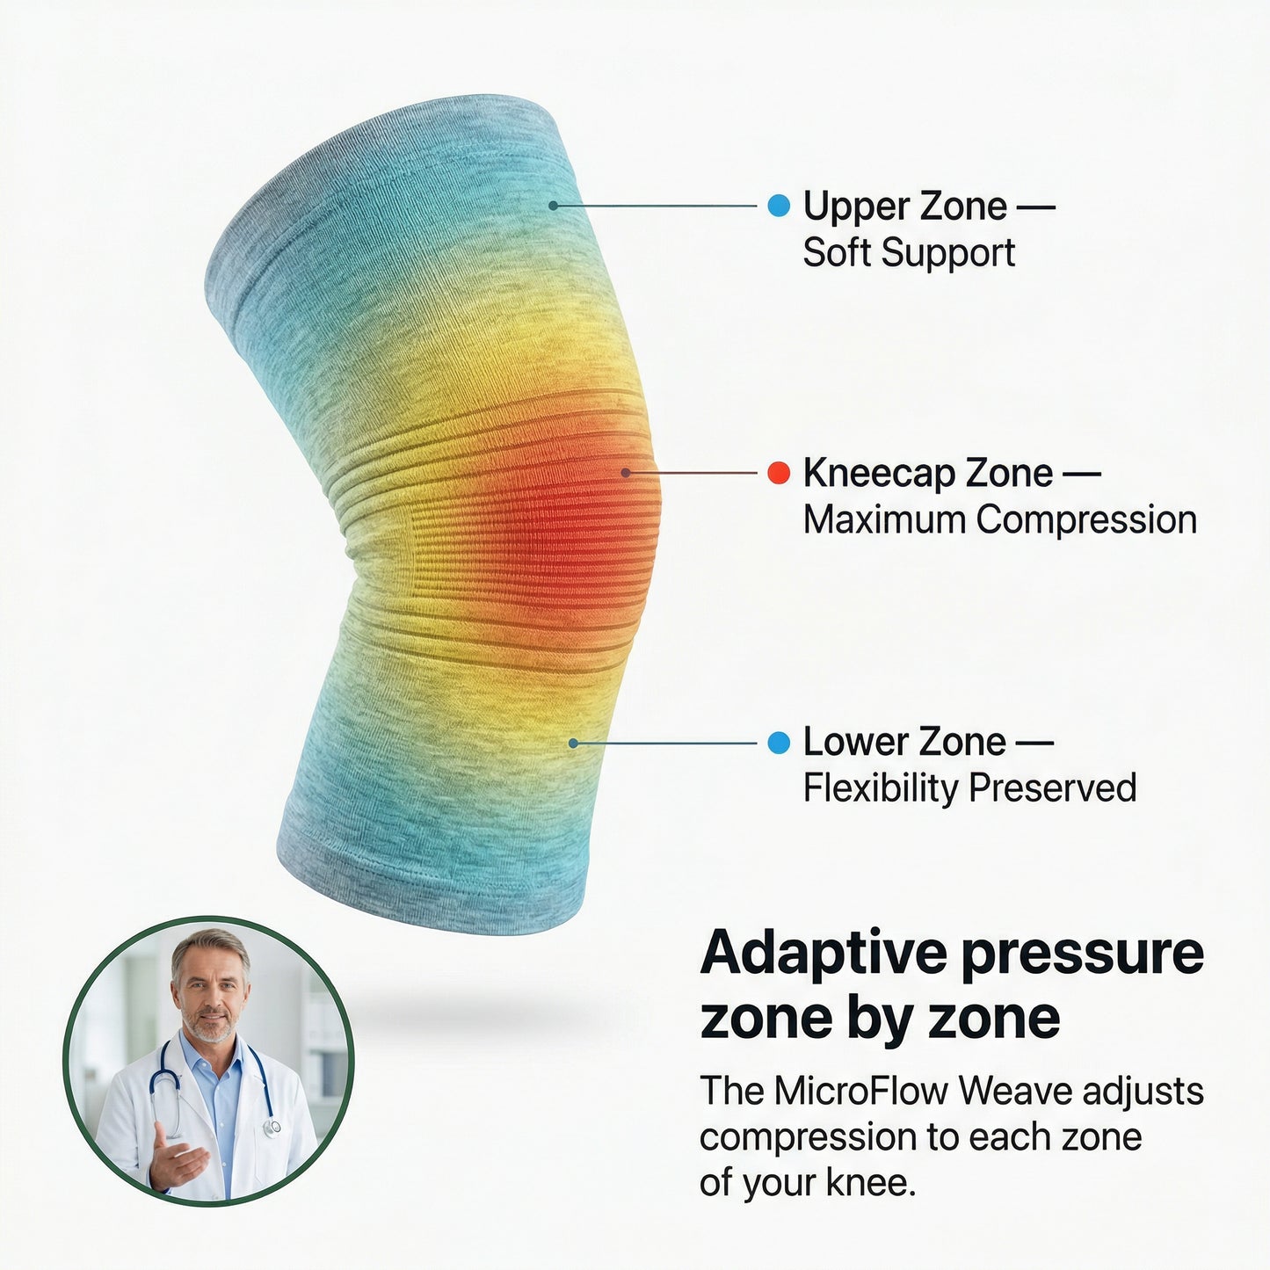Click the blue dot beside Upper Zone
(x=779, y=206)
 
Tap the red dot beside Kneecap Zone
(x=779, y=473)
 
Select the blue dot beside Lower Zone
(x=779, y=743)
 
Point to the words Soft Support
(x=909, y=253)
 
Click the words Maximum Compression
(x=999, y=519)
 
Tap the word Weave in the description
(x=1015, y=1092)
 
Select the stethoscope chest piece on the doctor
(x=272, y=1126)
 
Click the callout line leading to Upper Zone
(x=655, y=206)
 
